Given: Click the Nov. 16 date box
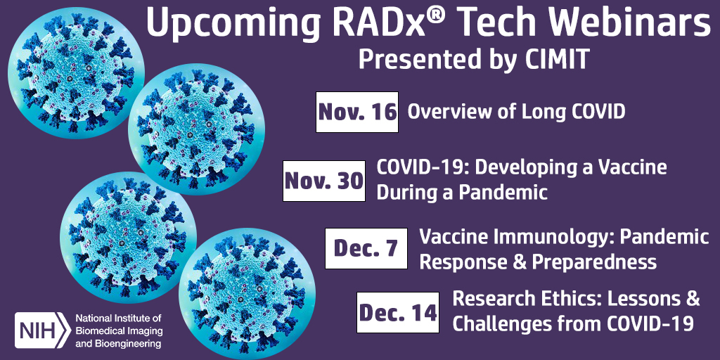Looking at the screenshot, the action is (x=356, y=112).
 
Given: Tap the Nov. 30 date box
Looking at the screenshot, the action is (x=323, y=181).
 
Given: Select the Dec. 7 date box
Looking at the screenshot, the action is (x=366, y=248).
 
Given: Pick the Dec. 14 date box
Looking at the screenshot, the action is (x=398, y=312).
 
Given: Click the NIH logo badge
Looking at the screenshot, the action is (x=43, y=330).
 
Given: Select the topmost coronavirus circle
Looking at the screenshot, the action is (x=76, y=72).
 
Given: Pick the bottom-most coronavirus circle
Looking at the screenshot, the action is (x=247, y=294).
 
